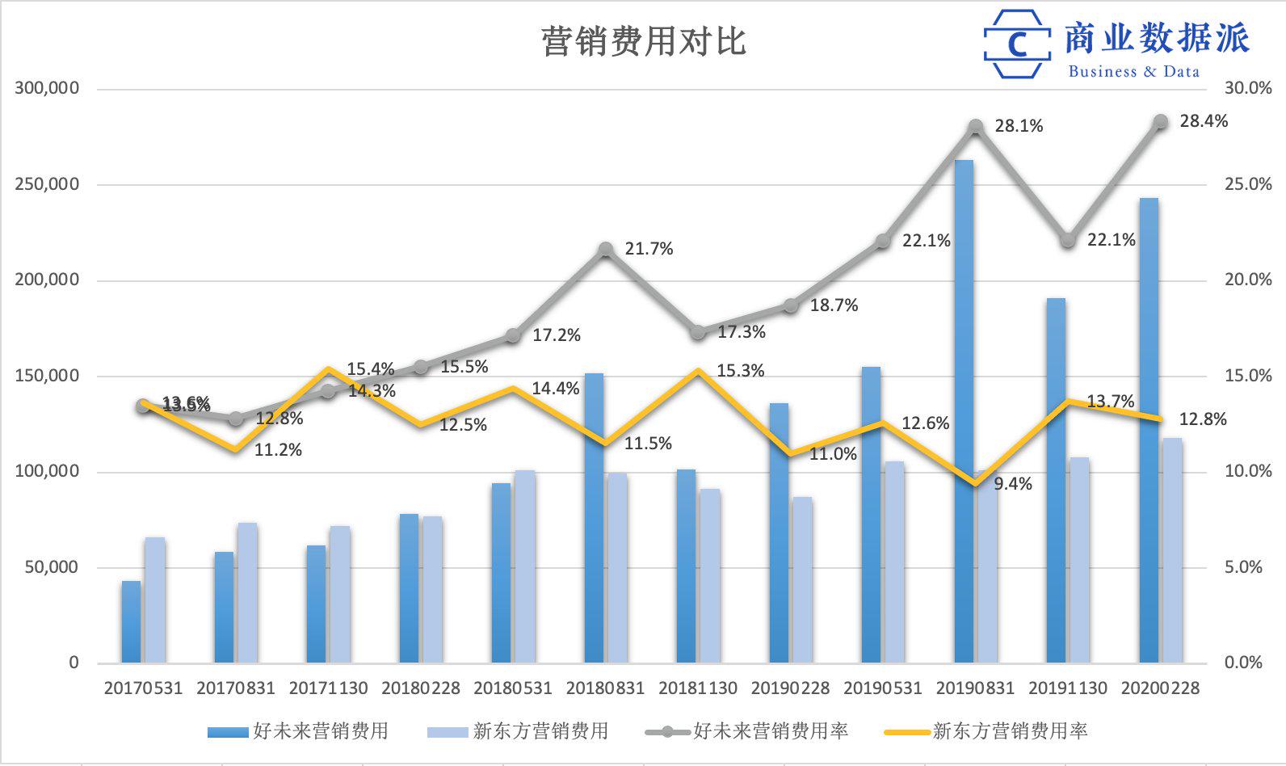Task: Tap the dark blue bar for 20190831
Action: (x=964, y=412)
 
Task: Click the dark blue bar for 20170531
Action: (x=131, y=622)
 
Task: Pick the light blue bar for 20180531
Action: (x=525, y=566)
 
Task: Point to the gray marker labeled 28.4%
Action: (x=1161, y=122)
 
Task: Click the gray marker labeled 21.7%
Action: (x=606, y=250)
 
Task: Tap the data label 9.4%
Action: (x=1012, y=484)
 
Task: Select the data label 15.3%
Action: (x=740, y=371)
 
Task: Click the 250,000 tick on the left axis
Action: (x=47, y=184)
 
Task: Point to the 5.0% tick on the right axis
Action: (x=1243, y=567)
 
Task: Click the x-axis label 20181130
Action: (x=697, y=688)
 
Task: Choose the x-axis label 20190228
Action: (x=790, y=688)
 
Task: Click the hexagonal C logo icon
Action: (x=1017, y=44)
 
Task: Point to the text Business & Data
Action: (x=1133, y=71)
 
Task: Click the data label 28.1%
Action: (x=1019, y=126)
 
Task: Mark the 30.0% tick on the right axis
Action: (x=1248, y=88)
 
